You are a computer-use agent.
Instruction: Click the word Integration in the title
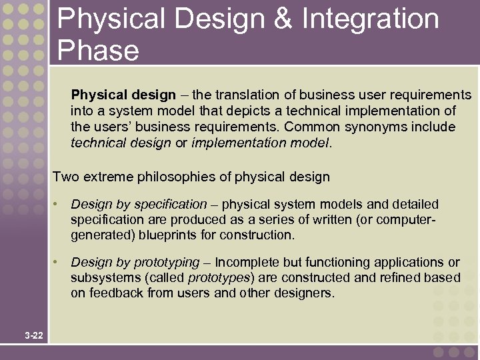pyautogui.click(x=371, y=19)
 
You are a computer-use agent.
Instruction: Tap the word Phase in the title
pyautogui.click(x=98, y=51)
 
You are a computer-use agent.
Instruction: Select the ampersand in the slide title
pyautogui.click(x=283, y=19)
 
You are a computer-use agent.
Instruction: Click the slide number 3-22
pyautogui.click(x=33, y=335)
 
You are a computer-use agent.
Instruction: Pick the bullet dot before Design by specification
pyautogui.click(x=59, y=204)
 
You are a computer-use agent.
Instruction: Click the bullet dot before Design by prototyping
pyautogui.click(x=59, y=262)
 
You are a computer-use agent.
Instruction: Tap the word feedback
pyautogui.click(x=113, y=293)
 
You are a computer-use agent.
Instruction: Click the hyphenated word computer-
pyautogui.click(x=407, y=219)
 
